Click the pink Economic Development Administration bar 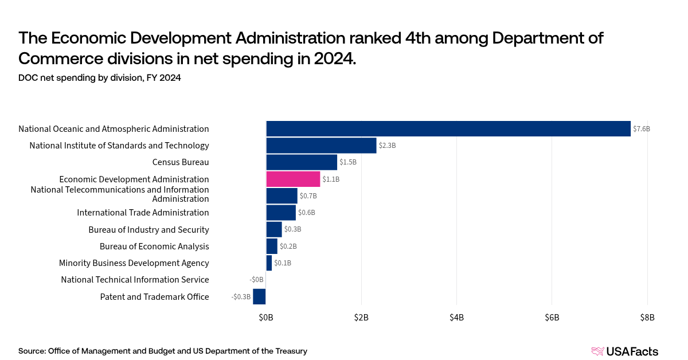pos(293,179)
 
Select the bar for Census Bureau pos(302,162)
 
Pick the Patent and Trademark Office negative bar pos(259,296)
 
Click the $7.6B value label pos(642,129)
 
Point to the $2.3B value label pos(387,146)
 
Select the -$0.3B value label pos(241,297)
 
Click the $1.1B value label pos(331,179)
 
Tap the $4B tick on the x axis pos(456,316)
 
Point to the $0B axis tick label pos(266,316)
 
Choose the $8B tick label pos(647,316)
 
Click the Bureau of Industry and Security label pos(148,230)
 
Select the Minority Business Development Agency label pos(134,263)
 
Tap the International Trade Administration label pos(143,213)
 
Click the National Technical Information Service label pos(135,280)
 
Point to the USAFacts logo pos(624,351)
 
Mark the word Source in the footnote pos(32,351)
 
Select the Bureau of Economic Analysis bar pos(272,246)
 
